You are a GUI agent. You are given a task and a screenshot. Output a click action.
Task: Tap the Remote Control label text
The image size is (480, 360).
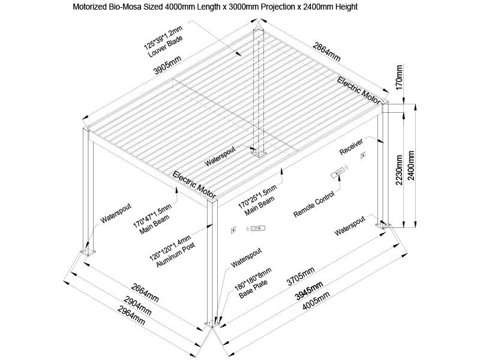313,205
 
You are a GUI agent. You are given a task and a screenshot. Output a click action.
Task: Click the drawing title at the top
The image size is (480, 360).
216,8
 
